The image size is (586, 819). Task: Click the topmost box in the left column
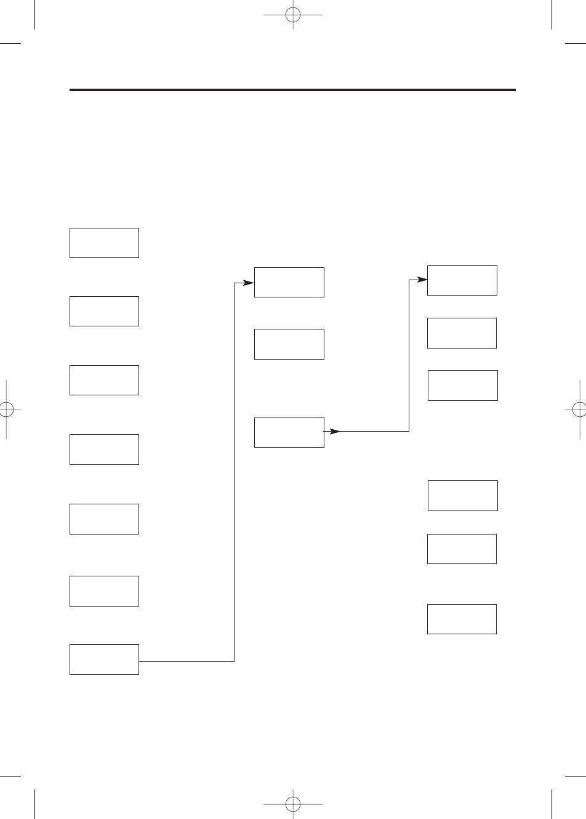104,243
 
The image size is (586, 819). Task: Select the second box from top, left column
104,311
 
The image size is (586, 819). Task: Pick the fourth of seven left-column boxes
104,449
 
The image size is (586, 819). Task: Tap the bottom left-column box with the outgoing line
104,659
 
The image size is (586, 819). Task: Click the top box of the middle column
289,282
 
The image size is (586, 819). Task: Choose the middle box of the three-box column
289,344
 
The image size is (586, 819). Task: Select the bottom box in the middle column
289,432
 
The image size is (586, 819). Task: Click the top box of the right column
462,280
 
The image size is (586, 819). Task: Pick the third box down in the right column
463,385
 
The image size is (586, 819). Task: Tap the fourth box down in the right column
463,496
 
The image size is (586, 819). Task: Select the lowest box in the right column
462,619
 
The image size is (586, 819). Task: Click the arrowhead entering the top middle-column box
248,283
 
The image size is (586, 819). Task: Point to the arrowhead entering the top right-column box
421,280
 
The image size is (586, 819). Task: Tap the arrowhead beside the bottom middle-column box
334,431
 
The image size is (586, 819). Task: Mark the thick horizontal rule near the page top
292,90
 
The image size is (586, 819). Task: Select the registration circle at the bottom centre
293,804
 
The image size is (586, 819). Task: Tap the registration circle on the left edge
6,409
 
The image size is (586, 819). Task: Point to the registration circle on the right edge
579,409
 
